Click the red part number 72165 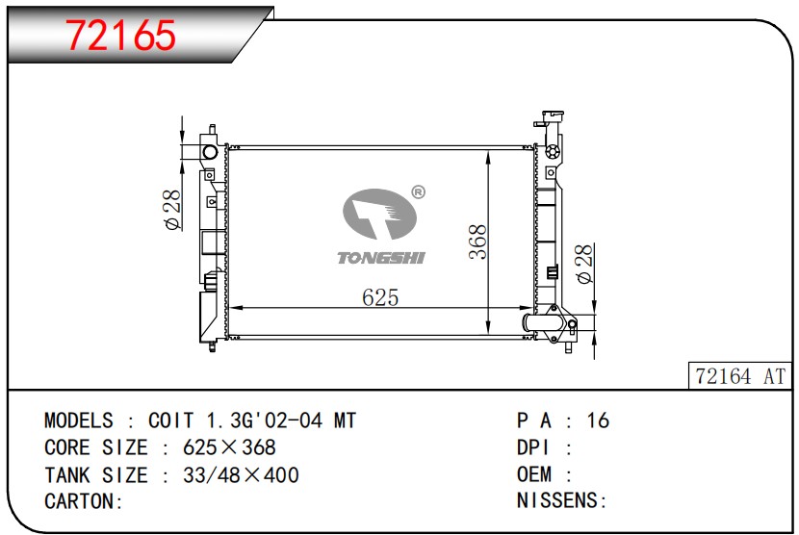[x=120, y=36]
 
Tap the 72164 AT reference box [x=740, y=376]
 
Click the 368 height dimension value [x=478, y=242]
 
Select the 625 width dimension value [x=380, y=297]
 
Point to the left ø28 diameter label [x=172, y=210]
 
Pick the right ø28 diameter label [x=584, y=264]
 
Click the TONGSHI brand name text [x=381, y=258]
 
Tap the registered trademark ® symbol [x=418, y=192]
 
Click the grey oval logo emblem [x=379, y=215]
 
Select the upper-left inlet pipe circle [x=210, y=152]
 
